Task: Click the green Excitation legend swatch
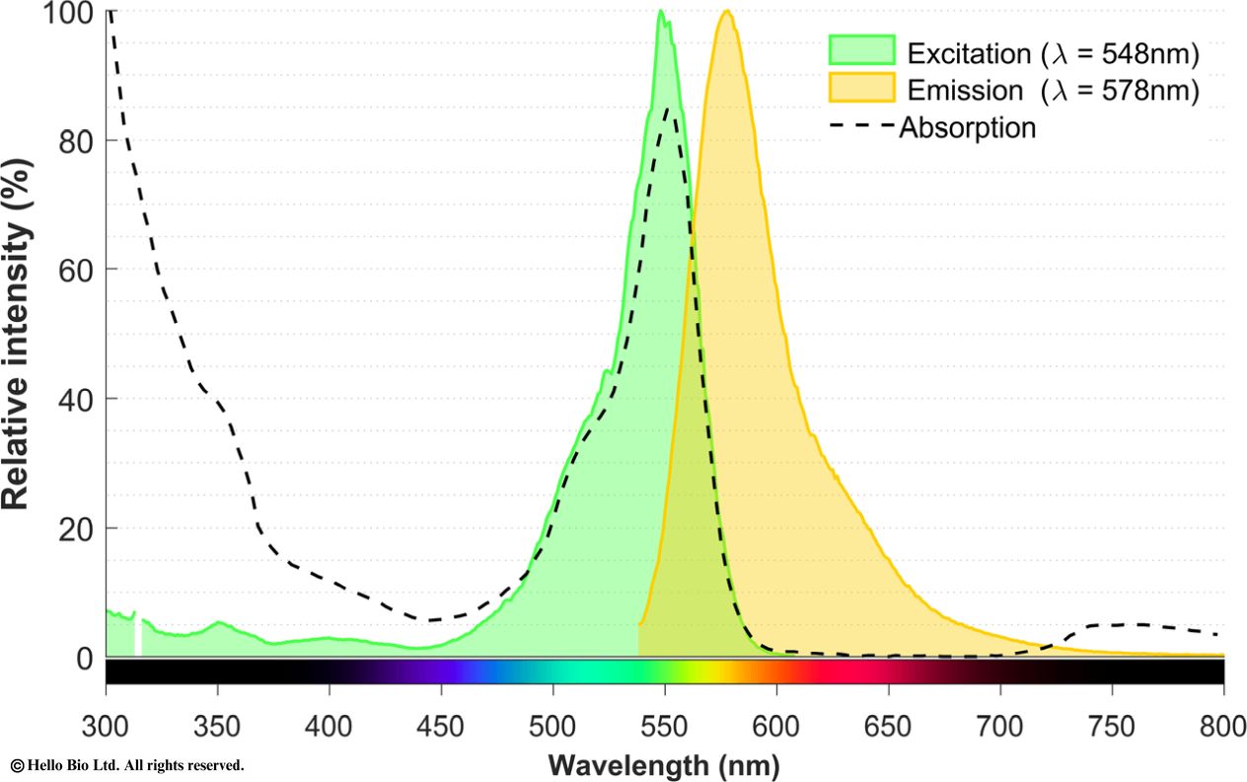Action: click(860, 51)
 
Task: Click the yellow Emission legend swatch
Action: click(860, 89)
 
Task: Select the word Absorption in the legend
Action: click(967, 127)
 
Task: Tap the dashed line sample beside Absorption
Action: click(860, 127)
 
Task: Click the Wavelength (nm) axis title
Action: click(663, 764)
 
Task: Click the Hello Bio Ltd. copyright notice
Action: click(126, 765)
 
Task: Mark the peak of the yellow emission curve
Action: click(727, 11)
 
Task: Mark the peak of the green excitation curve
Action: click(661, 11)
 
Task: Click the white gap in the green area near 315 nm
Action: click(138, 637)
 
